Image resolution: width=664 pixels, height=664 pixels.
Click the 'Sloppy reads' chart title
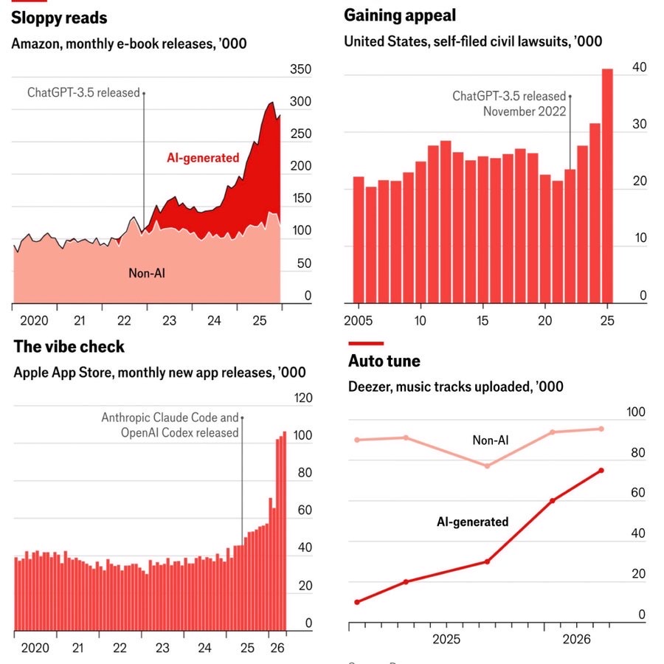click(x=59, y=18)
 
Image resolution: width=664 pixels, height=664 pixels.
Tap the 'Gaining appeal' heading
click(x=400, y=15)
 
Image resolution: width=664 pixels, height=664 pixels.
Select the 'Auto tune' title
click(x=384, y=361)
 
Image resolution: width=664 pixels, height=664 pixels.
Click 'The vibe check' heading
click(x=69, y=347)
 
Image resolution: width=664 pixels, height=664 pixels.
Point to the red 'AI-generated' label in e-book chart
click(x=203, y=158)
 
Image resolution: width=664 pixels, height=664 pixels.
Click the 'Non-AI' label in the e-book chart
click(x=147, y=273)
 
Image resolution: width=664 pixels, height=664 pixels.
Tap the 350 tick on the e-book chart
click(x=300, y=69)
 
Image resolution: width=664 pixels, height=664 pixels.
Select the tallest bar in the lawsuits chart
click(x=607, y=186)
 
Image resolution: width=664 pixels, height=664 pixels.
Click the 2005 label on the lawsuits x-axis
click(x=359, y=321)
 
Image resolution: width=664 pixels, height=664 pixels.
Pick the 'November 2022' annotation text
click(x=525, y=111)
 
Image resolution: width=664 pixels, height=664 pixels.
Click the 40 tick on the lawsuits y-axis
click(x=639, y=67)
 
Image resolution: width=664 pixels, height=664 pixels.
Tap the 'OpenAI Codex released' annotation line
click(x=179, y=433)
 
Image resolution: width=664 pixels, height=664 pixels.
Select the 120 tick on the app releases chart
click(x=302, y=398)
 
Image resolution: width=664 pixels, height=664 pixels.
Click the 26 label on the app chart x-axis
click(x=277, y=648)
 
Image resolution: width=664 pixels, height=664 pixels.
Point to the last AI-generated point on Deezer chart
click(x=601, y=471)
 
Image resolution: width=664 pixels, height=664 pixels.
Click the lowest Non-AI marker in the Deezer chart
click(x=487, y=466)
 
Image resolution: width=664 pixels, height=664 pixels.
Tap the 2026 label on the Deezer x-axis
click(x=576, y=639)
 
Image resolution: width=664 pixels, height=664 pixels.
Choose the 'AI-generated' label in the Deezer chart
click(x=472, y=522)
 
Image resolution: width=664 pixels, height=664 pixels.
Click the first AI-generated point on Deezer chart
click(x=357, y=602)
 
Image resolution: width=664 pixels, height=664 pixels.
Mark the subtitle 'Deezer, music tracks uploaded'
click(x=440, y=387)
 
